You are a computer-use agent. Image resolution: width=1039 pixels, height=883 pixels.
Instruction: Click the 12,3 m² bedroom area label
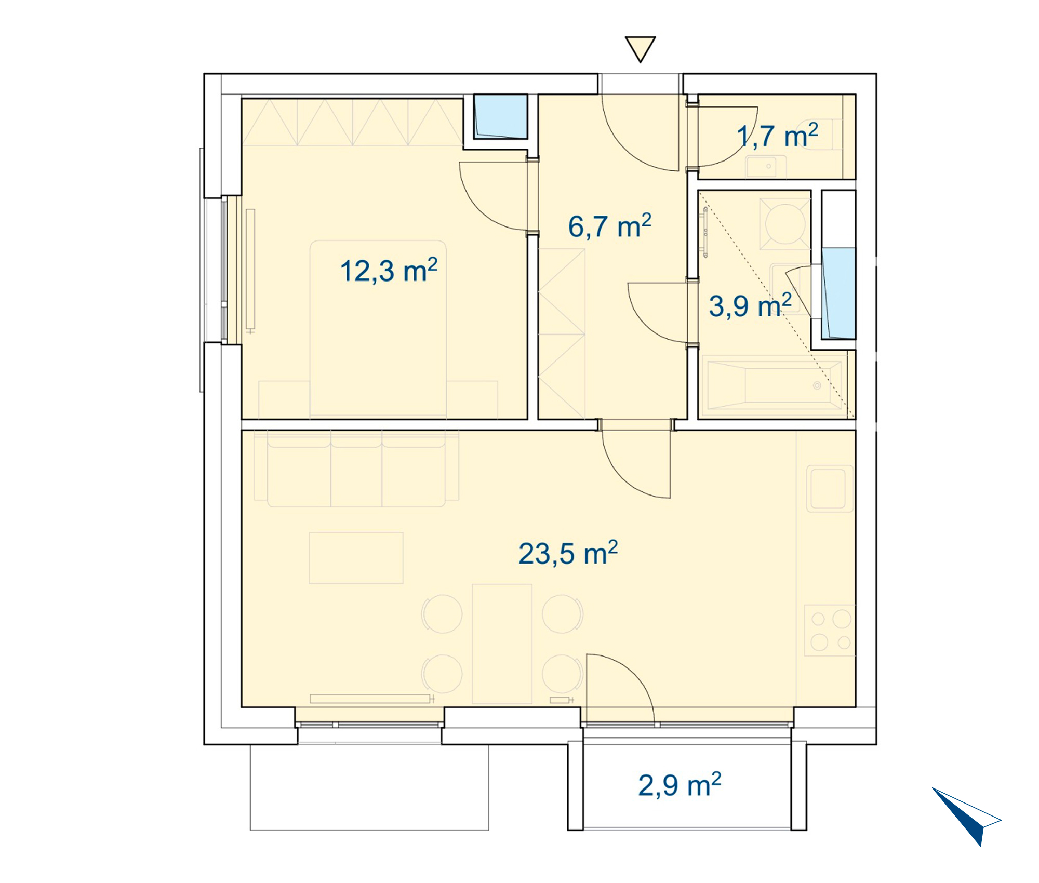tap(389, 271)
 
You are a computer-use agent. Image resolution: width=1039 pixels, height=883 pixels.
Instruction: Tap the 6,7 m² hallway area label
tap(609, 226)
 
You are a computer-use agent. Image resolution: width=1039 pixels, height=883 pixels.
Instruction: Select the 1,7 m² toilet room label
tap(778, 136)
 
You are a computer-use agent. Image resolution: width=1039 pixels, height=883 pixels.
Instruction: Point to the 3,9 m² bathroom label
tap(750, 305)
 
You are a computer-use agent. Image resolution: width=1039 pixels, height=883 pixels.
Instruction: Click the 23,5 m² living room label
tap(568, 553)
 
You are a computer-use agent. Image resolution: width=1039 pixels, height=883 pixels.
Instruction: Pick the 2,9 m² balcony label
tap(680, 785)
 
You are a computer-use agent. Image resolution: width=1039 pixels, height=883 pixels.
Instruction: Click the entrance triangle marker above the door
tap(640, 49)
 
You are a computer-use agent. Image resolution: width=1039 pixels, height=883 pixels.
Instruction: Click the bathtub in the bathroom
tap(774, 385)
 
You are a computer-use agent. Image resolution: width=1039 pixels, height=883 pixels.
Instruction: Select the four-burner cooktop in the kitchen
tap(830, 631)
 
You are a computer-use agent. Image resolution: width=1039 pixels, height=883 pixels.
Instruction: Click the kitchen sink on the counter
tap(830, 489)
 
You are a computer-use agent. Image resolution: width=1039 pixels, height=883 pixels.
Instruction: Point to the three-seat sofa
tap(356, 469)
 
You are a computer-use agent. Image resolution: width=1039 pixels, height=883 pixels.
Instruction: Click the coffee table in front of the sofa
tap(356, 558)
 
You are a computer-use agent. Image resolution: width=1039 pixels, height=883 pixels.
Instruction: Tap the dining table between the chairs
tap(502, 644)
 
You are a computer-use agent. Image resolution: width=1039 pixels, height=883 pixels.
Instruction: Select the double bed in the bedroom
tap(378, 329)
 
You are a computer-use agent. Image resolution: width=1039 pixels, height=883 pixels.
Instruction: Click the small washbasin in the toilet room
tap(766, 166)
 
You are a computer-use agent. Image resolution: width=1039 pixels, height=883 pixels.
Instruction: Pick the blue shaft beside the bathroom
tap(838, 293)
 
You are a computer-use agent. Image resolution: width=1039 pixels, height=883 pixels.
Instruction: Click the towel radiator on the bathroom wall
tap(705, 232)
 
